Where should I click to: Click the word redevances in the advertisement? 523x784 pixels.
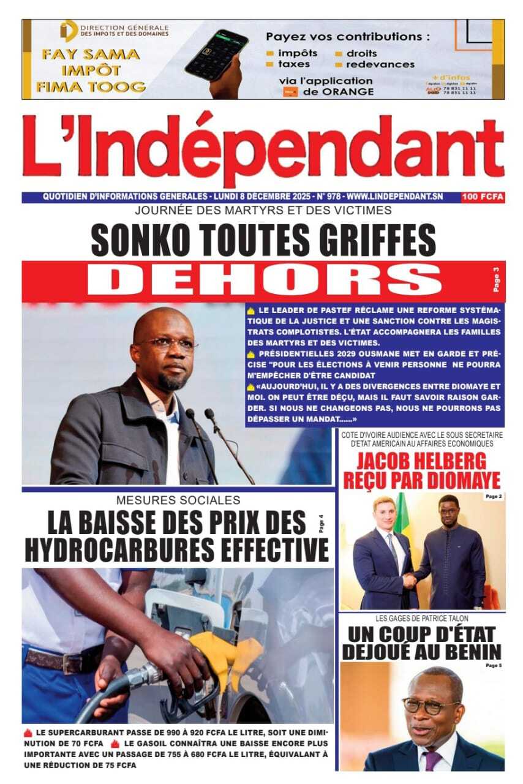[380, 64]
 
